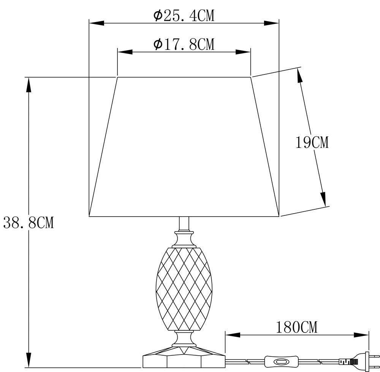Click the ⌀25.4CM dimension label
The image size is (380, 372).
[x=184, y=16]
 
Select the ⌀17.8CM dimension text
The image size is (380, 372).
[x=184, y=44]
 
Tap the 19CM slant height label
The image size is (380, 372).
[x=312, y=142]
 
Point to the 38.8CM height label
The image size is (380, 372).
[x=28, y=222]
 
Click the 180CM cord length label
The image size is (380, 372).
[x=297, y=327]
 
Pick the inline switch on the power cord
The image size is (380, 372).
[x=281, y=362]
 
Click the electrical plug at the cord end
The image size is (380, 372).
[x=359, y=362]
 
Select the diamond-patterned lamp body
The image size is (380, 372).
[x=184, y=289]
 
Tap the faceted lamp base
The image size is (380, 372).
[x=184, y=357]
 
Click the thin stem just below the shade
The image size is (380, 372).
[x=184, y=224]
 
